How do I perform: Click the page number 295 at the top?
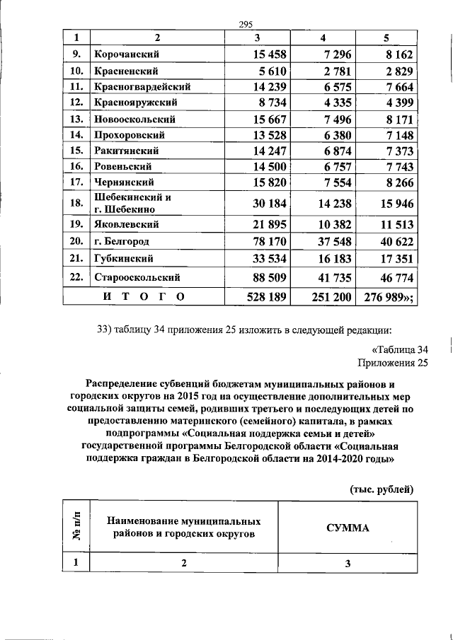(246, 25)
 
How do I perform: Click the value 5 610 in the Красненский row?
(268, 71)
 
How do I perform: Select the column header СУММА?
(348, 528)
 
